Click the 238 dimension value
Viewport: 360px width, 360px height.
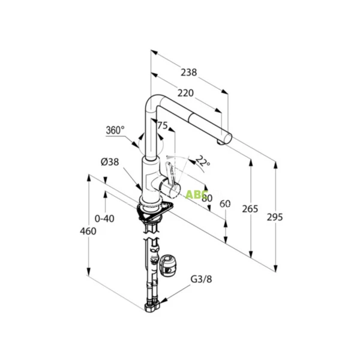189,73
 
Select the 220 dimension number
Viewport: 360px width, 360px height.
185,94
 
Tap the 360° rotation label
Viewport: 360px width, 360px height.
115,130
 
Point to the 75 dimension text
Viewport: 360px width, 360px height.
163,125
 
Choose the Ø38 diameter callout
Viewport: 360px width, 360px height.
110,161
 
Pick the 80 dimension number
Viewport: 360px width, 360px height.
208,199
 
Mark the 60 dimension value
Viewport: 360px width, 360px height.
226,204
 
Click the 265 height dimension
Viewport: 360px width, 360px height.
250,209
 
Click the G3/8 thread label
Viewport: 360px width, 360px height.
201,278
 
